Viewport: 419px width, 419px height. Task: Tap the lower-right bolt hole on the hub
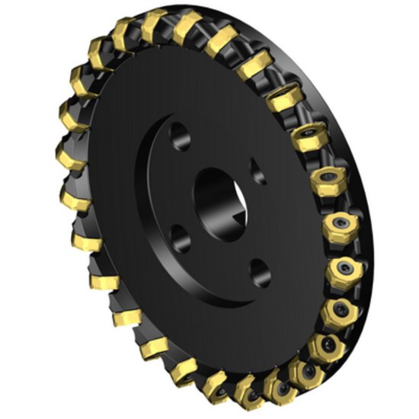pyautogui.click(x=259, y=270)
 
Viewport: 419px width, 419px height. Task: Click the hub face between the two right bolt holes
pyautogui.click(x=263, y=221)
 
